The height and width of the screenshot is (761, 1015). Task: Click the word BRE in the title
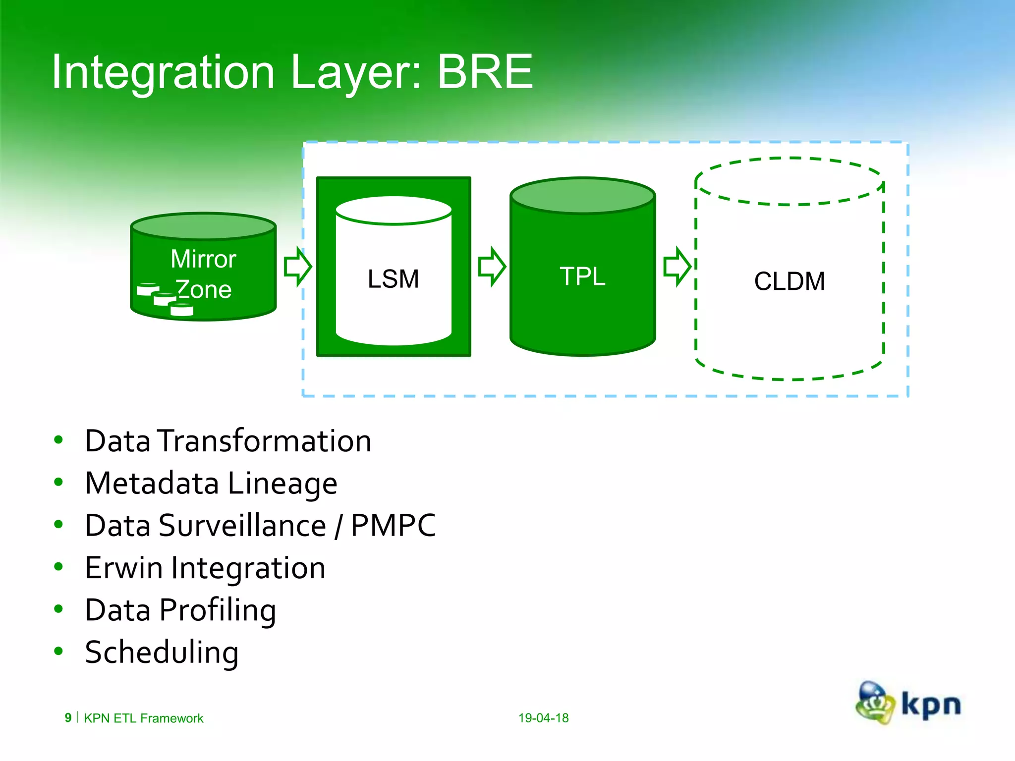coord(485,72)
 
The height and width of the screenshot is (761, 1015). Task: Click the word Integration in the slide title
coord(163,73)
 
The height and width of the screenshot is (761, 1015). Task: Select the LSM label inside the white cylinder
coord(393,279)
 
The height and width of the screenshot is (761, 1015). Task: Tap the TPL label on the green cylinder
coord(582,276)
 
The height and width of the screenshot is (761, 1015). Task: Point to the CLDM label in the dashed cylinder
coord(789,281)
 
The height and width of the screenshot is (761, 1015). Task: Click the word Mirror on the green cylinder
coord(203,259)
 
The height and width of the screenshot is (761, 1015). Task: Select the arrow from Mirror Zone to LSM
coord(298,267)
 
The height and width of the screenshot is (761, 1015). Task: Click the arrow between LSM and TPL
coord(492,267)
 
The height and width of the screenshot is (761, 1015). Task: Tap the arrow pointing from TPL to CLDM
coord(677,267)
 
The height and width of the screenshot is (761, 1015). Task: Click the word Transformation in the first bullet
coord(265,441)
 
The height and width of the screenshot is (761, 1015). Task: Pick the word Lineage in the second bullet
coord(282,484)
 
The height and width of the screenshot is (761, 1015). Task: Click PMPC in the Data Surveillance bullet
coord(393,526)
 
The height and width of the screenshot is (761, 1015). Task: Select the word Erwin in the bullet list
coord(123,568)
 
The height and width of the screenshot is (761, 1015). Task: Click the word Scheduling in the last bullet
coord(162,652)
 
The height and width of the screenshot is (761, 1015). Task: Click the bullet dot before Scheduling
coord(58,651)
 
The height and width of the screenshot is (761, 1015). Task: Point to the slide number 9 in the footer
coord(68,718)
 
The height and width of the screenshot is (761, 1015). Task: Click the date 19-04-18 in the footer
coord(543,718)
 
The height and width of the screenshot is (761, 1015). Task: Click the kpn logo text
coord(931,705)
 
